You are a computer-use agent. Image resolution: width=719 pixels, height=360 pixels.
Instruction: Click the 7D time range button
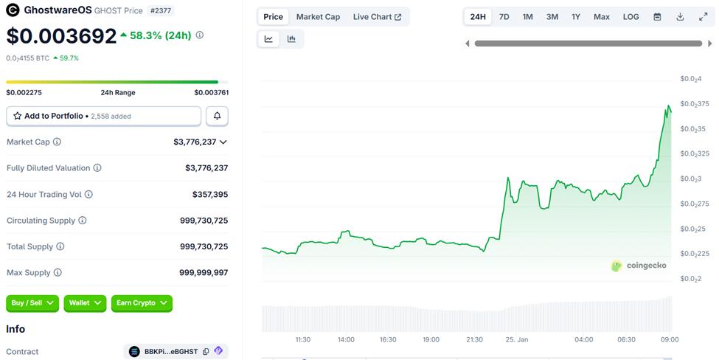(504, 16)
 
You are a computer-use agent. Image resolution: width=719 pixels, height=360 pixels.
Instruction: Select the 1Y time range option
(576, 16)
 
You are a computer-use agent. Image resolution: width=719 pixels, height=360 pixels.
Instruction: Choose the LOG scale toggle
(631, 16)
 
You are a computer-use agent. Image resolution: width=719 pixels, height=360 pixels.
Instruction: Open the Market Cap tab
(318, 16)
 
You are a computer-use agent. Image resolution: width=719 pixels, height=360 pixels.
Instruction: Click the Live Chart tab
(377, 16)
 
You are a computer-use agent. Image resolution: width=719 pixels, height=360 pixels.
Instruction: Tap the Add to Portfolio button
(103, 116)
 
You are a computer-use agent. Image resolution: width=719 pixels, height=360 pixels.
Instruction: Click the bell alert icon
(217, 116)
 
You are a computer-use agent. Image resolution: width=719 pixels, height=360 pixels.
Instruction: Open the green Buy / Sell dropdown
(32, 302)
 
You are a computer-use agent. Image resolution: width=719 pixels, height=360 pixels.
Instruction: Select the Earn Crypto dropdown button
(142, 302)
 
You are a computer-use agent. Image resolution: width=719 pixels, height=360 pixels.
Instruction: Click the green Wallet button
(85, 302)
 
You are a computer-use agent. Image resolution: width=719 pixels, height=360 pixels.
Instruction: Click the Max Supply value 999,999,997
(204, 273)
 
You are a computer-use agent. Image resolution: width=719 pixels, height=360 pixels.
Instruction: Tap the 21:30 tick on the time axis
(474, 339)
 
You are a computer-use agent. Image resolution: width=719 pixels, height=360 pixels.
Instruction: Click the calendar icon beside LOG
(657, 16)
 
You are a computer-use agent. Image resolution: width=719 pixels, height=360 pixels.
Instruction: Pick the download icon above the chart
(680, 16)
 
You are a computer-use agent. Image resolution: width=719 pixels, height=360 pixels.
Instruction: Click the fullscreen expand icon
(703, 16)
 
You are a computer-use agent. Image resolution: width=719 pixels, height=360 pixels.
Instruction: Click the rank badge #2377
(161, 10)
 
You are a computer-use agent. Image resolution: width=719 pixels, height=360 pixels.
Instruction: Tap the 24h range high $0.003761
(211, 93)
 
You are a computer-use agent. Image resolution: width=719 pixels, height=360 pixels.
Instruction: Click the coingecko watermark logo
(639, 266)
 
